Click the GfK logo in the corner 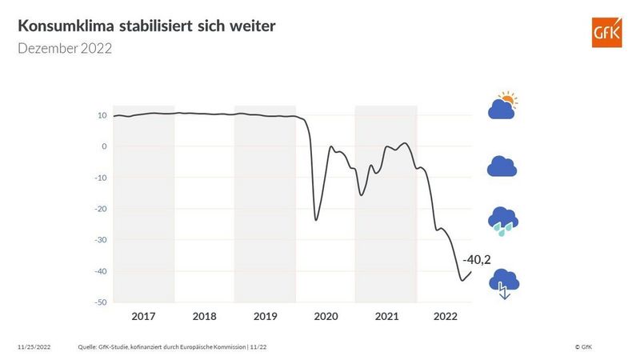click(606, 33)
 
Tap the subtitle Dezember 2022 click(64, 49)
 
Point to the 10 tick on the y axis click(102, 115)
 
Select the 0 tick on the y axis click(104, 146)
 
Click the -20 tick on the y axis click(101, 209)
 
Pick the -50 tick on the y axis click(101, 302)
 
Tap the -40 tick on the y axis click(101, 271)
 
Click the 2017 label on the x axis click(143, 317)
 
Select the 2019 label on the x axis click(265, 317)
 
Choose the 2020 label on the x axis click(326, 317)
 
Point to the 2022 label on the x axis click(446, 317)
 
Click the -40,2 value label click(476, 259)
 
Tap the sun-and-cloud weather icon click(503, 106)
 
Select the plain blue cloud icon click(502, 166)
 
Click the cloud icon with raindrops click(503, 221)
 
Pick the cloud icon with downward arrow click(504, 282)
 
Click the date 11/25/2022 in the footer click(36, 347)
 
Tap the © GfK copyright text click(583, 347)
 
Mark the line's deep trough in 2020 click(316, 220)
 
